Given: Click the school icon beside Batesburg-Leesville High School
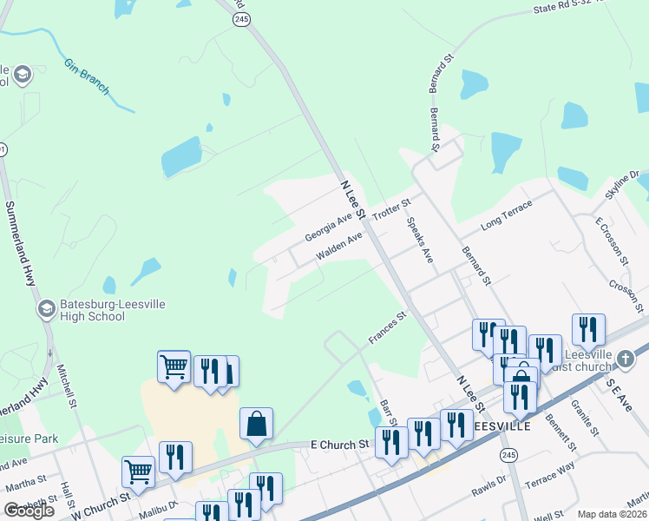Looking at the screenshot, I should pos(46,308).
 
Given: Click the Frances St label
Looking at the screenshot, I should pos(387,328).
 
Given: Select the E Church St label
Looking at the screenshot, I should pos(339,445).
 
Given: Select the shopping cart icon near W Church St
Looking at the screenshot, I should pos(138,472).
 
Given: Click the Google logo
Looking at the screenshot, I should pos(29,510).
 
